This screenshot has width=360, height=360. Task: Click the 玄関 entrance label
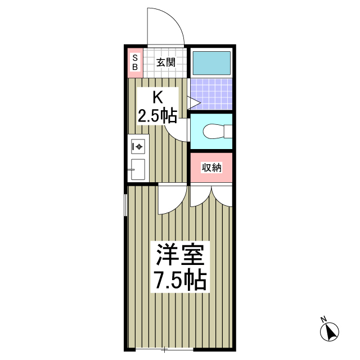click(x=165, y=62)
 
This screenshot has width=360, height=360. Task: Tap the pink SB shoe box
click(x=135, y=62)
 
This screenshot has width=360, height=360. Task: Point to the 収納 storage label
click(x=211, y=168)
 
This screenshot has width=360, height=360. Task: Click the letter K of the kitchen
click(x=157, y=96)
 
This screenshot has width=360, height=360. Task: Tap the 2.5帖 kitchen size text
click(x=157, y=116)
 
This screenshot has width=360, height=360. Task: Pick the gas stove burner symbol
click(x=138, y=147)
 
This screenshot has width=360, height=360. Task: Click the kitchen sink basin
click(x=138, y=168)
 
